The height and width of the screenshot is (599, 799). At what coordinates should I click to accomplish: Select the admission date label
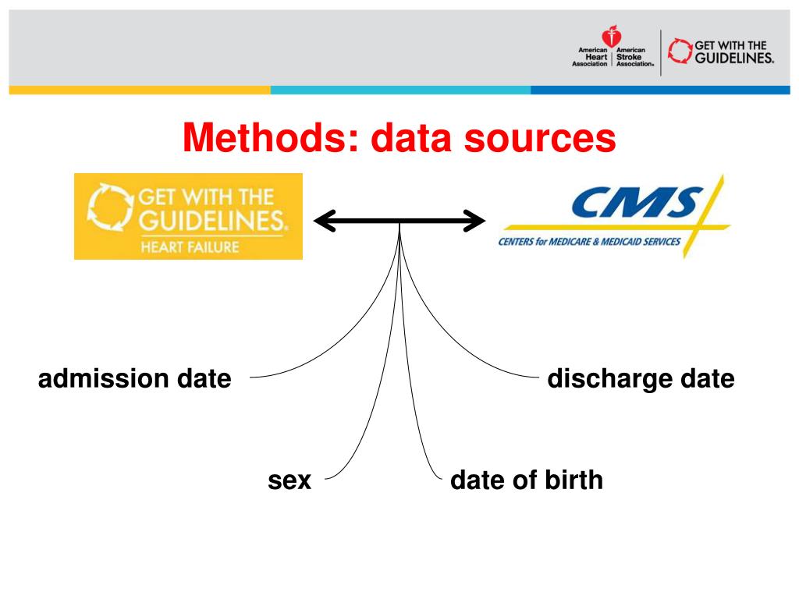(x=135, y=379)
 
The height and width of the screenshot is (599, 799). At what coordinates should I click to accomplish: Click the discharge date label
(x=641, y=379)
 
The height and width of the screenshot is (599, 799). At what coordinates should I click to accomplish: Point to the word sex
(x=289, y=480)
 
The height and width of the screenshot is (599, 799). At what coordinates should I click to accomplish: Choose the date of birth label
(x=527, y=480)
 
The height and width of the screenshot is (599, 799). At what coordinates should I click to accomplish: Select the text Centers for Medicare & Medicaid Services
(x=589, y=242)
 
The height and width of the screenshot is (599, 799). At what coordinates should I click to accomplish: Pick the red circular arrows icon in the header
(x=680, y=51)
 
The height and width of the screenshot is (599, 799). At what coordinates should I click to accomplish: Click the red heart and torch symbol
(x=611, y=36)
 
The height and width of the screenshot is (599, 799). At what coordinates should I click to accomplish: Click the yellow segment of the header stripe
(x=140, y=90)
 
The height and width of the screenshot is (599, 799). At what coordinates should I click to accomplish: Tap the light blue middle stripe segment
(x=400, y=90)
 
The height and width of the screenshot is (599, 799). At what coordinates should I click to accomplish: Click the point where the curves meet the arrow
(x=399, y=223)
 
